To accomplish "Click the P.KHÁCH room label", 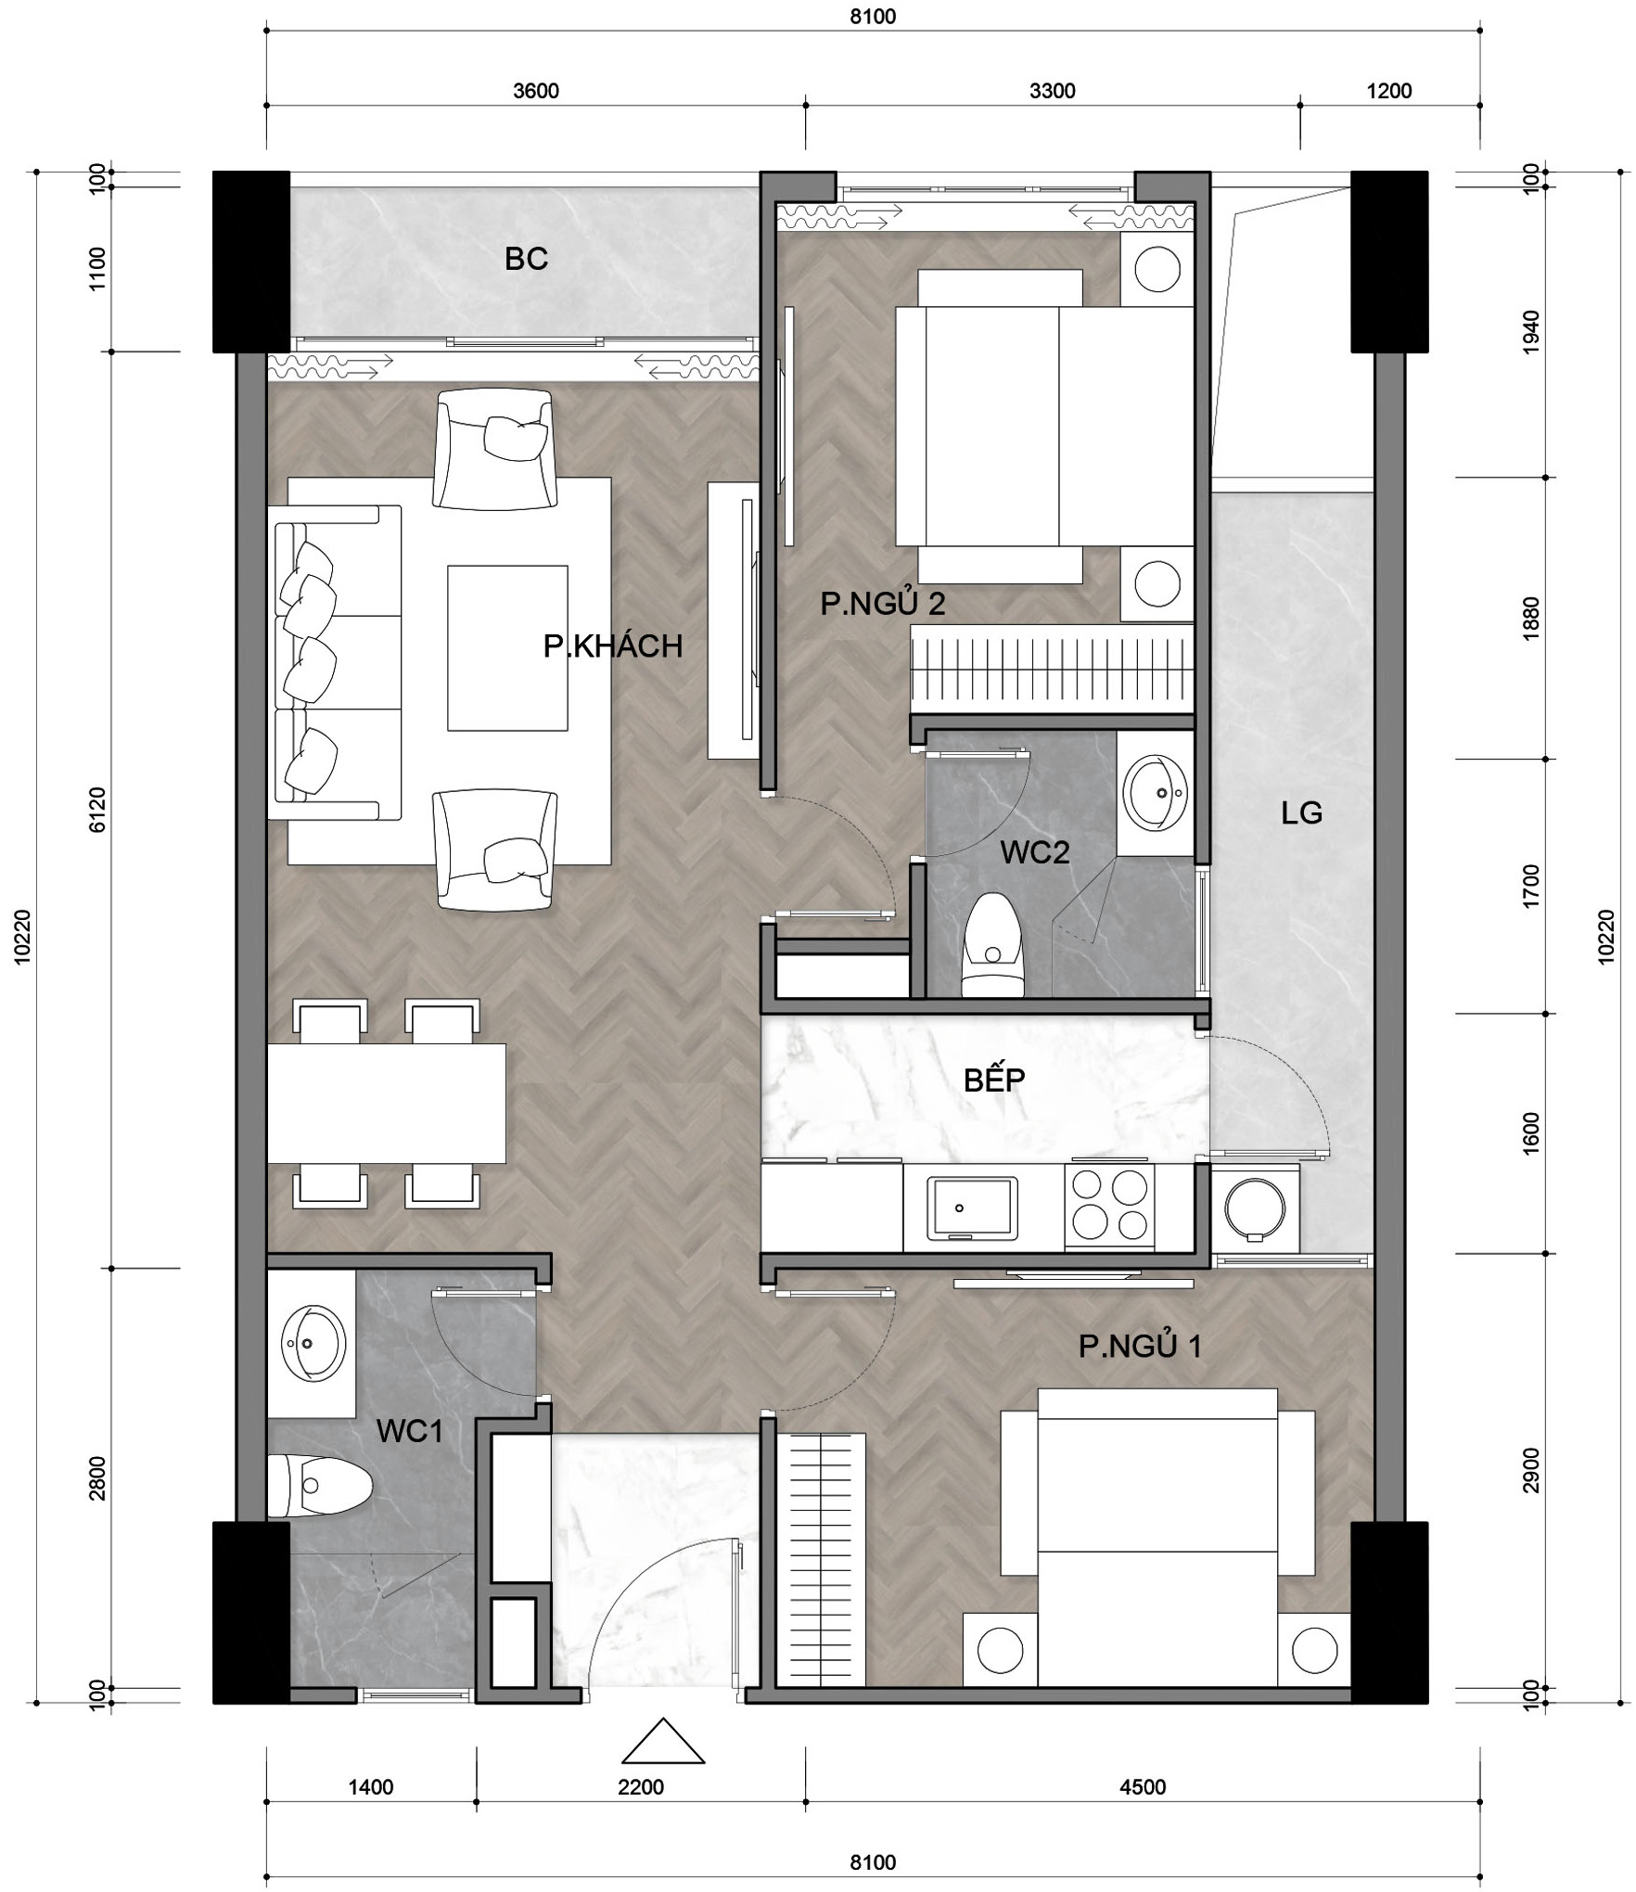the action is point(613,646).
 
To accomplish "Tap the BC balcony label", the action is point(526,259).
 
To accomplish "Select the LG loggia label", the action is point(1301,813).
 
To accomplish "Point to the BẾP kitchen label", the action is point(994,1079).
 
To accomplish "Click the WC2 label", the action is point(1035,851).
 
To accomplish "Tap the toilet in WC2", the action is point(993,945).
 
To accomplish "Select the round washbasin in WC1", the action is point(313,1342).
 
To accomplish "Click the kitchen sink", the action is point(972,1208).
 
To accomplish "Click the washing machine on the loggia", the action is point(1255,1209).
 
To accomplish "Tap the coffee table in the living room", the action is point(507,648).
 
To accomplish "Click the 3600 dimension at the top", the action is point(536,91).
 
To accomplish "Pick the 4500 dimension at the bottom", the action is point(1143,1787).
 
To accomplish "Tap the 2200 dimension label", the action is point(641,1787).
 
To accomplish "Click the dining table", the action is point(387,1104).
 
